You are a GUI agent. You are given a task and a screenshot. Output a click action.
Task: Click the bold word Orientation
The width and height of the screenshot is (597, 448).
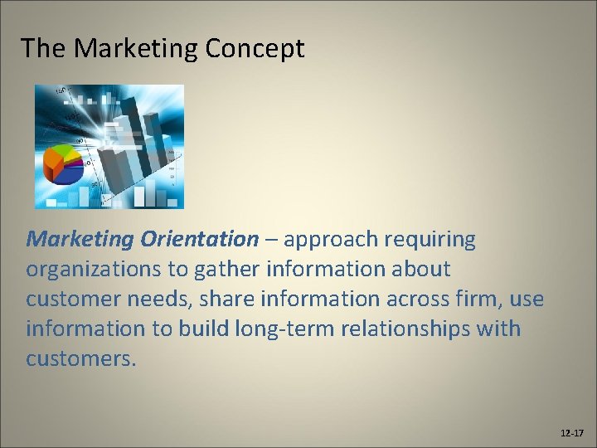200,240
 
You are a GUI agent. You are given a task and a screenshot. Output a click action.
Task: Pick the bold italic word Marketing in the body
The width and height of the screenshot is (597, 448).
80,240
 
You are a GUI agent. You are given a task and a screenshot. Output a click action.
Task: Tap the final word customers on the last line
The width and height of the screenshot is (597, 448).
79,359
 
